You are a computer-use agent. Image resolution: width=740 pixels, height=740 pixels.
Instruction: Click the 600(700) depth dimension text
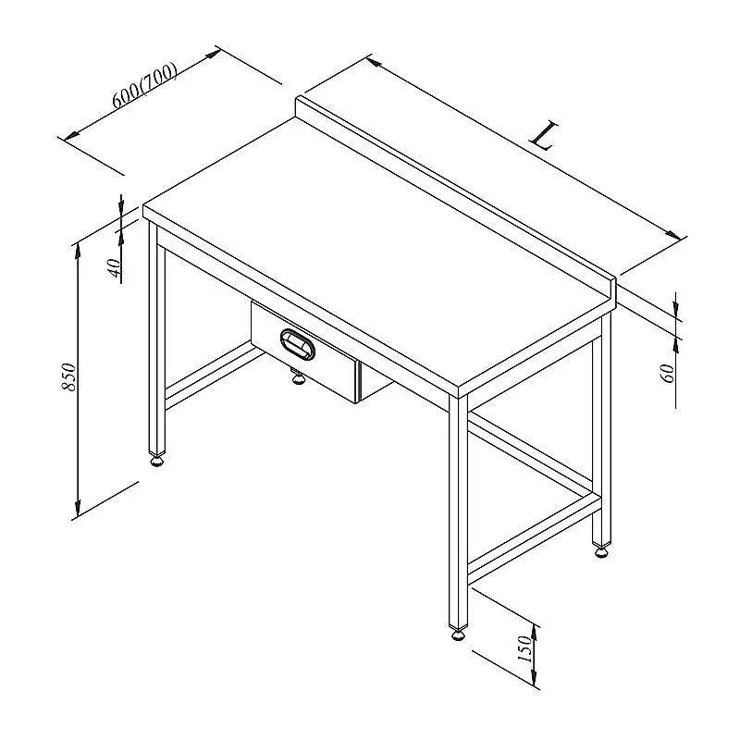coord(145,85)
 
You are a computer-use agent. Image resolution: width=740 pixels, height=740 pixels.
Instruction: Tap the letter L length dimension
coord(544,135)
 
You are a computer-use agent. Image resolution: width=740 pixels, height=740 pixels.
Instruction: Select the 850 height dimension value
coord(68,376)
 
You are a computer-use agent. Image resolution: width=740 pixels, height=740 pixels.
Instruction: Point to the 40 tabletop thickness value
coord(115,267)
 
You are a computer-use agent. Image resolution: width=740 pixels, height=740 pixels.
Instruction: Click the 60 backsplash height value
coord(669,373)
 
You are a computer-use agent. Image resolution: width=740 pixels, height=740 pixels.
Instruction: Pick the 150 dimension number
coord(524,648)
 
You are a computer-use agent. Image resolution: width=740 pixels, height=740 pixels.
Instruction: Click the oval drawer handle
coord(297,344)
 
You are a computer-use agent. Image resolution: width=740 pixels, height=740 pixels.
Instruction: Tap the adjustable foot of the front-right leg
coord(458,634)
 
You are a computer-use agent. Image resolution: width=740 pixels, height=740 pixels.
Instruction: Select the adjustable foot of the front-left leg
coord(157,460)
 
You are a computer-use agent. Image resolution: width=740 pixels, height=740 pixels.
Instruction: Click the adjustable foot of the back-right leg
coord(601,550)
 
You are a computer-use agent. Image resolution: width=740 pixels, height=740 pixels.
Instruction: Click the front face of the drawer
coord(303,351)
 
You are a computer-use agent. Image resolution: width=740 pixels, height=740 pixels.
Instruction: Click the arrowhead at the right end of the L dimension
coord(673,235)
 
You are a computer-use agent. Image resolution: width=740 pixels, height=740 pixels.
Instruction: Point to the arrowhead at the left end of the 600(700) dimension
coord(72,135)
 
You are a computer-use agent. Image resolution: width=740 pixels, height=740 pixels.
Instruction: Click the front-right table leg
coord(458,512)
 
